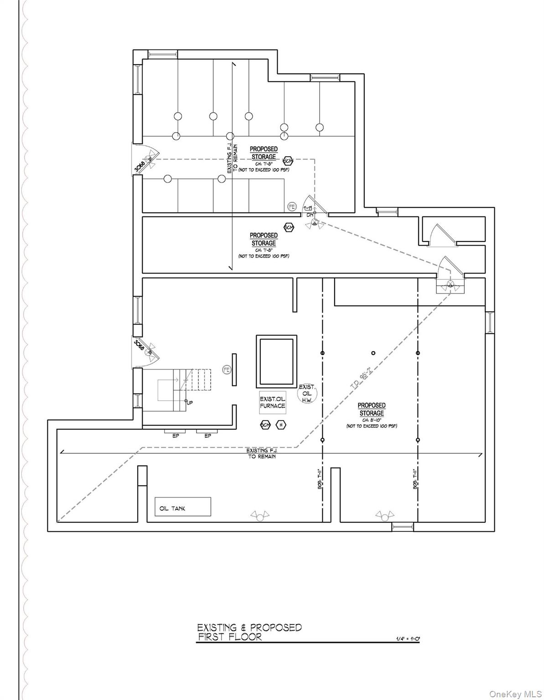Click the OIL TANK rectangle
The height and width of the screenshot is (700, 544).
182,506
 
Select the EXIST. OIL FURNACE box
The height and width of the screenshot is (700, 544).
273,402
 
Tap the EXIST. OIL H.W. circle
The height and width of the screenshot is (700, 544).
307,393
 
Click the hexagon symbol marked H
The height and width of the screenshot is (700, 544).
281,425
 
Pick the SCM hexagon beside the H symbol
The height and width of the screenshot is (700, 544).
265,425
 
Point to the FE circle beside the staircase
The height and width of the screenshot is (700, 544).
226,370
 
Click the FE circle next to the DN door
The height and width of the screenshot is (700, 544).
292,207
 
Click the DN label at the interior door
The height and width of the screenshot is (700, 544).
310,214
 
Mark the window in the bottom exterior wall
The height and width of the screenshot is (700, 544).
402,527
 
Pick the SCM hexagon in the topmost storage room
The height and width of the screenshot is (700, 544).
288,161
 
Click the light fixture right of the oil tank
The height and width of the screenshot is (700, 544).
259,516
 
